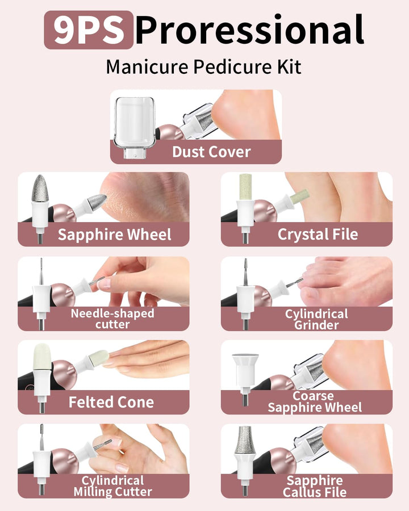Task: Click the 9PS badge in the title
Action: (89, 30)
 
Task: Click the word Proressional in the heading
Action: (249, 30)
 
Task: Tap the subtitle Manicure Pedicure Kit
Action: (203, 66)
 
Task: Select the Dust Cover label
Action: (211, 152)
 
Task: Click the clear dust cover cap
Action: (135, 121)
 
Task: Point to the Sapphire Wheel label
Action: (114, 234)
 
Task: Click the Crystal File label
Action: (318, 234)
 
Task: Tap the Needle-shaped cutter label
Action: (112, 319)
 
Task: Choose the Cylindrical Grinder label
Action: (316, 319)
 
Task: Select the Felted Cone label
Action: (111, 403)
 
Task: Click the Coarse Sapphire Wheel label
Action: (314, 402)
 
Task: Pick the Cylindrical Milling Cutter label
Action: (112, 486)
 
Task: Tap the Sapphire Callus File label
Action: (314, 486)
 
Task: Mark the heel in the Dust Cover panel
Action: (239, 116)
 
